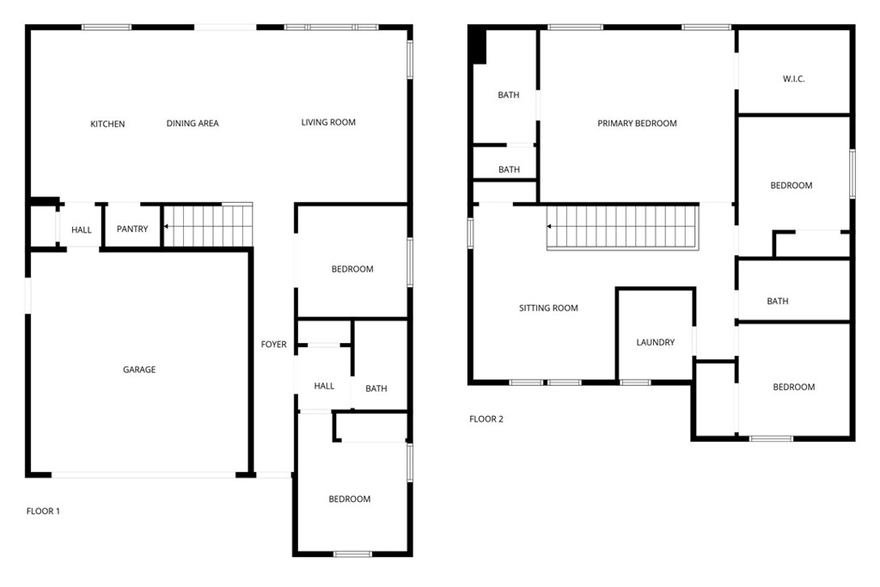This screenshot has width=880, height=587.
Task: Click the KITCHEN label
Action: [107, 125]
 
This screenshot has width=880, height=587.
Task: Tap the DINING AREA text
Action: [192, 124]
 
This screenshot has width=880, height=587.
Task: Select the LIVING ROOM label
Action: [328, 123]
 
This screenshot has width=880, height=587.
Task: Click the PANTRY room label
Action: [132, 229]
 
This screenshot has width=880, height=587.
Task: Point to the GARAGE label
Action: [139, 370]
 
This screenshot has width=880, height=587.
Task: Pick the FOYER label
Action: [274, 345]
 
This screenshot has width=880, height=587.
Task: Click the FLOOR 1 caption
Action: [43, 511]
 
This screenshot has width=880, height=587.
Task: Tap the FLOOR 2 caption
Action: [486, 419]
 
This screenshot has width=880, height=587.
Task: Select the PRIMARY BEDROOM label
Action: [637, 124]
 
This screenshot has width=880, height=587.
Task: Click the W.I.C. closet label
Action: [793, 79]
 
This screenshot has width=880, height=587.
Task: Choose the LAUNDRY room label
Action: [655, 343]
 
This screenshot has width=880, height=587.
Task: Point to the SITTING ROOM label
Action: [548, 309]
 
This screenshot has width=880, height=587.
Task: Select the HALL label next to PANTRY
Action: [82, 230]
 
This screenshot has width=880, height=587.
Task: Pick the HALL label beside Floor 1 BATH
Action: [324, 387]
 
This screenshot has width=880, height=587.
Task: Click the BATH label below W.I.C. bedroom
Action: [778, 302]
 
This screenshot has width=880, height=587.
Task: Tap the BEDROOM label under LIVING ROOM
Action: [352, 270]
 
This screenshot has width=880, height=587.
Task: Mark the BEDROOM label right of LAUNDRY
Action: [793, 388]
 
